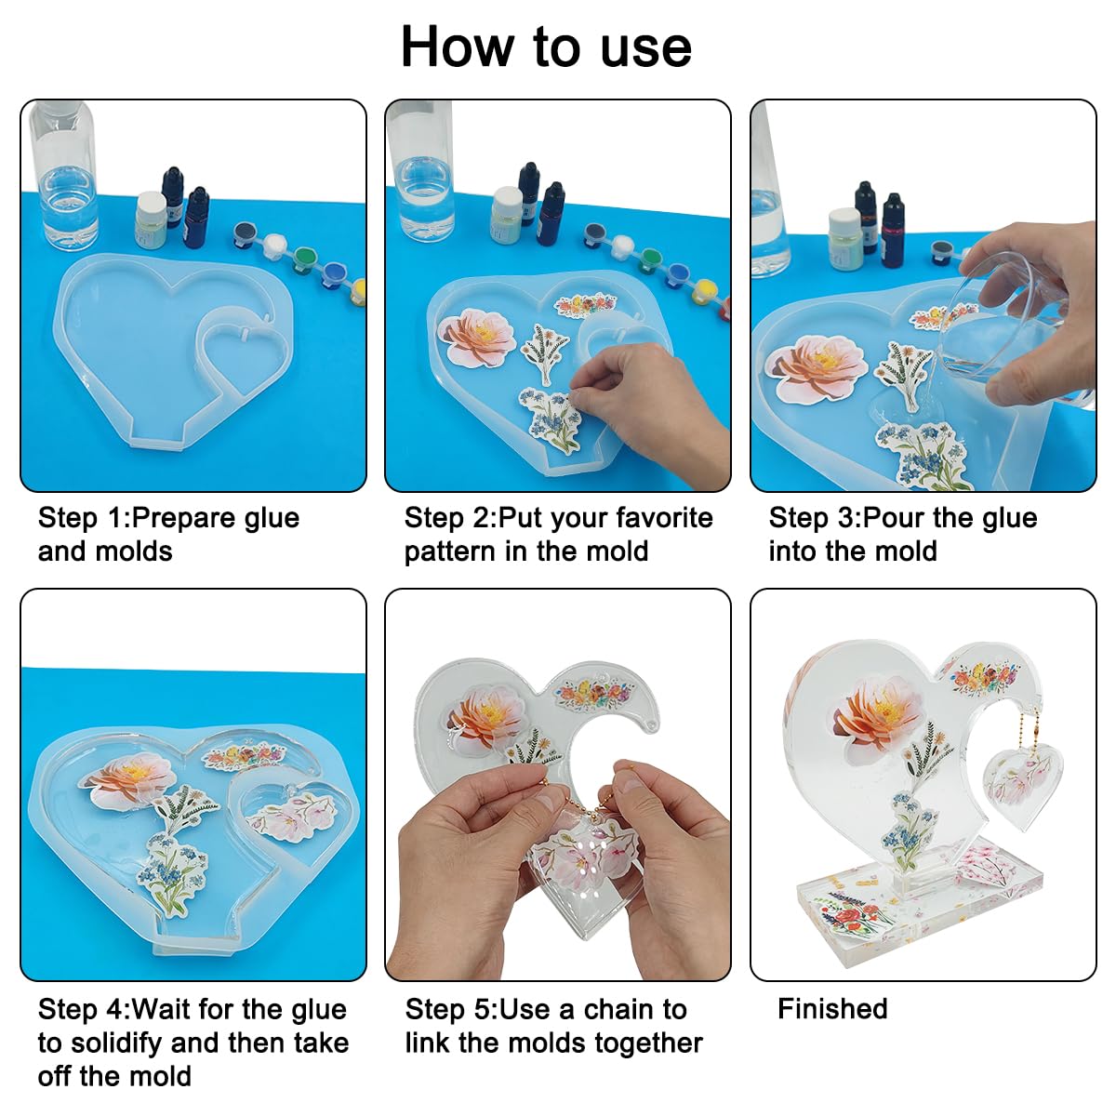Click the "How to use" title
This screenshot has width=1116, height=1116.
click(x=546, y=46)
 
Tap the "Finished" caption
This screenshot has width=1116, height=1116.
click(x=832, y=1009)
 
